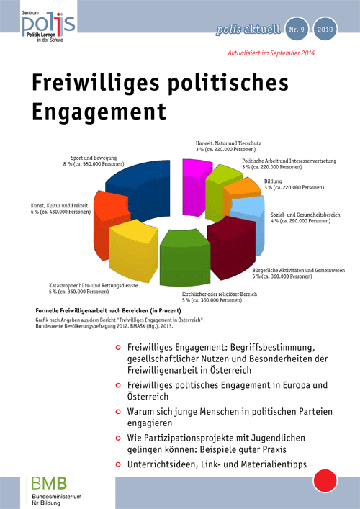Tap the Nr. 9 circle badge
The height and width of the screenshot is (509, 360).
297,30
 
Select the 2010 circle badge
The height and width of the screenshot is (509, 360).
325,30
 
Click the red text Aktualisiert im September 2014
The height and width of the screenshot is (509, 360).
271,53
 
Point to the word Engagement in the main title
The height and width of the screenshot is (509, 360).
99,111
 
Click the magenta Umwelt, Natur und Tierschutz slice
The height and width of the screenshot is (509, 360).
195,186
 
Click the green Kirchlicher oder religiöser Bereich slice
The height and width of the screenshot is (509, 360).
184,260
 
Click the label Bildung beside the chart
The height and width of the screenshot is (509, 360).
268,181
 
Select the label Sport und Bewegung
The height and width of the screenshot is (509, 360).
94,158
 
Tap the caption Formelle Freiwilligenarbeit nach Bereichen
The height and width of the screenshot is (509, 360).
109,310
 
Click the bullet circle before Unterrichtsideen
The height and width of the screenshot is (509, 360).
118,464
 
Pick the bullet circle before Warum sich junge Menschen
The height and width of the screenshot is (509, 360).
118,412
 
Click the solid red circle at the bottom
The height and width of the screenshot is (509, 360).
325,480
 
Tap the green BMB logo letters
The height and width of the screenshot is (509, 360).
50,483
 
